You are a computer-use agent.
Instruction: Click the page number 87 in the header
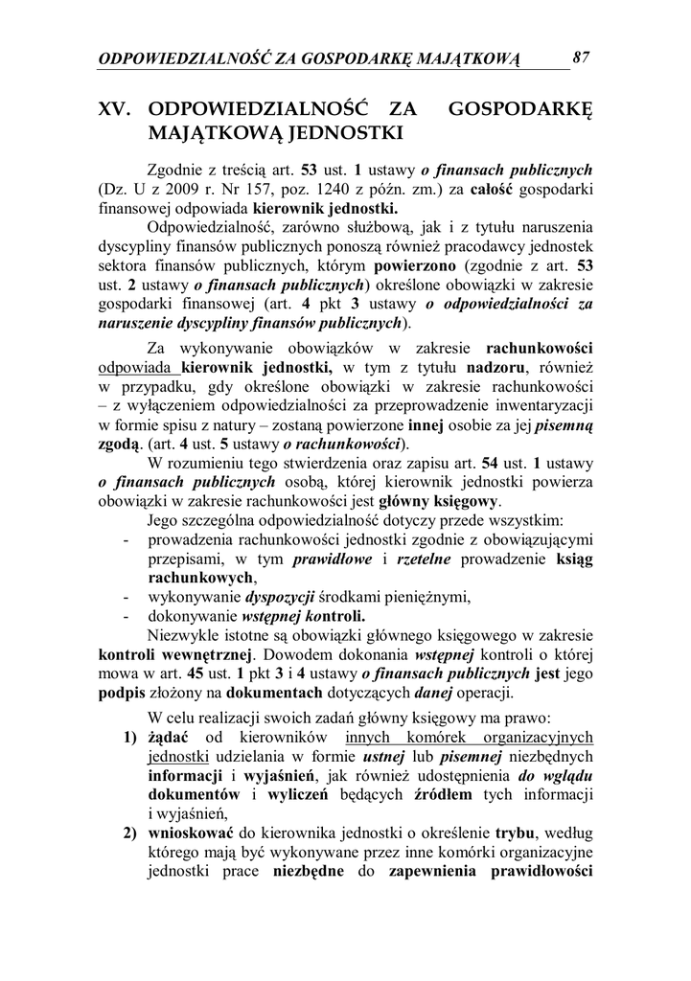[581, 57]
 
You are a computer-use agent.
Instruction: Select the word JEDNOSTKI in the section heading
[327, 130]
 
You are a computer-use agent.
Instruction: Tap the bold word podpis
[122, 694]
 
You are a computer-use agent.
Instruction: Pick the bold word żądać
[170, 738]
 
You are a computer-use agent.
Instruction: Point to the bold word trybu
[516, 833]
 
